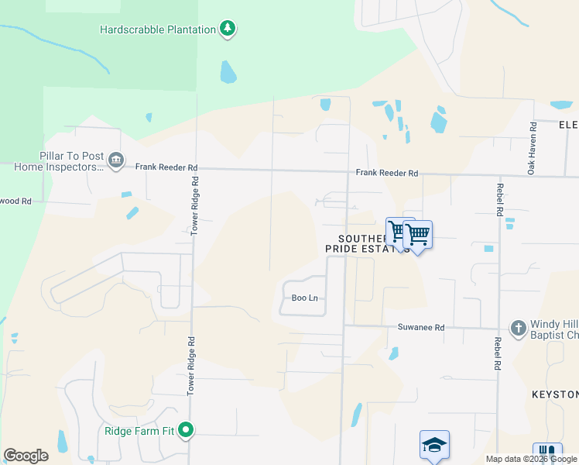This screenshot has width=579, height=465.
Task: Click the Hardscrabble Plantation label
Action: click(158, 29)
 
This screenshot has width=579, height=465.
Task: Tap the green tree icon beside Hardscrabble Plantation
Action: click(228, 29)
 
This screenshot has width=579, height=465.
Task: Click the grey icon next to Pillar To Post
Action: click(116, 160)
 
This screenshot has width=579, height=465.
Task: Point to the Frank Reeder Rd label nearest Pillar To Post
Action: click(166, 167)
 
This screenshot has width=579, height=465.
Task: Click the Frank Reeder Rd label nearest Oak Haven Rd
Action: click(387, 174)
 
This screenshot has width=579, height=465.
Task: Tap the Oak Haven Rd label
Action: click(532, 148)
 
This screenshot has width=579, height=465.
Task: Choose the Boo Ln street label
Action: click(304, 298)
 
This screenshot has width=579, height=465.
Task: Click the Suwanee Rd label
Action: click(421, 328)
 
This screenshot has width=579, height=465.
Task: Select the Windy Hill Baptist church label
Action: click(554, 330)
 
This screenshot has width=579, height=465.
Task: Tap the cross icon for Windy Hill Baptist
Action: click(518, 328)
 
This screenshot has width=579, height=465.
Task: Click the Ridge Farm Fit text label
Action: click(139, 430)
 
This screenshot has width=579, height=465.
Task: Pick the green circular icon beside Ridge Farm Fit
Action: click(186, 429)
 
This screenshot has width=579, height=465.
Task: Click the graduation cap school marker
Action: click(434, 445)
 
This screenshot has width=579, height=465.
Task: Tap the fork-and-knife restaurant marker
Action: click(546, 453)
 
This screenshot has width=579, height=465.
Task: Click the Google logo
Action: click(26, 456)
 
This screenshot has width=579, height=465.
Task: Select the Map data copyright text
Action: click(531, 459)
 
